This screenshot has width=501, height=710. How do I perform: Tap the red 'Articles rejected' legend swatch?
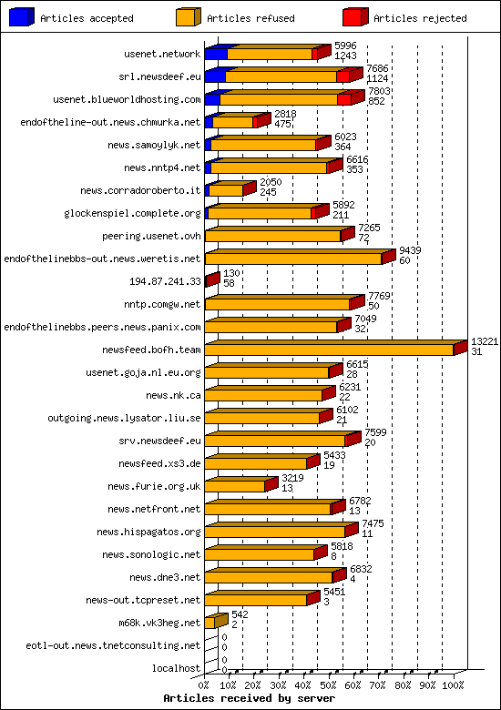coord(354,16)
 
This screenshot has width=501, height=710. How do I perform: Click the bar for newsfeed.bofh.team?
coord(330,349)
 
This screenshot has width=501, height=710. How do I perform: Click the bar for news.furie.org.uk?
coord(235,486)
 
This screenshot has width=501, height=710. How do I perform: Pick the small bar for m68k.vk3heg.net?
coord(210,623)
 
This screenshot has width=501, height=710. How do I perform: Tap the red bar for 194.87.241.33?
coord(211,280)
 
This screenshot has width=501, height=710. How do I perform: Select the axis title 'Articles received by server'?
coord(249,698)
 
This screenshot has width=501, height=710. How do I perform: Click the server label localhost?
coord(177,668)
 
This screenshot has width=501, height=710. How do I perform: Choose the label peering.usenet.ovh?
coord(152,236)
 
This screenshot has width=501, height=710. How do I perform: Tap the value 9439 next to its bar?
coord(410,250)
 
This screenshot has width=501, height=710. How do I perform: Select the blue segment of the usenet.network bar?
coord(216,54)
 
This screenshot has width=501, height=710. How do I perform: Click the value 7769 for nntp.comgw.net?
coord(378,296)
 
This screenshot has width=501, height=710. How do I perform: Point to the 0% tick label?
coord(204,685)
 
